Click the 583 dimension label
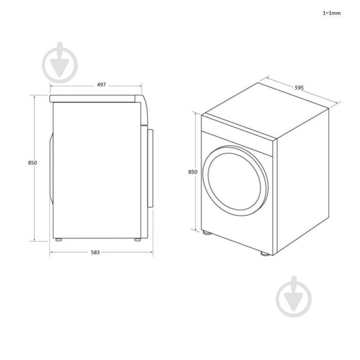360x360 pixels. pyautogui.click(x=96, y=252)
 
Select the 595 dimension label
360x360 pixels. pyautogui.click(x=298, y=88)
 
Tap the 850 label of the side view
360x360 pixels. pyautogui.click(x=32, y=163)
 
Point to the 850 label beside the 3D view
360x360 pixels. pyautogui.click(x=192, y=172)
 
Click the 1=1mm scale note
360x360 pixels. pyautogui.click(x=331, y=13)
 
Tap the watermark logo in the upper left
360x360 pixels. pyautogui.click(x=59, y=63)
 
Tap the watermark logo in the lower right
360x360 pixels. pyautogui.click(x=294, y=296)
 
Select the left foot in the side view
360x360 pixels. pyautogui.click(x=58, y=240)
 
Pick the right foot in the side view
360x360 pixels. pyautogui.click(x=137, y=240)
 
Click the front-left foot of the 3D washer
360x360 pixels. pyautogui.click(x=206, y=233)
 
